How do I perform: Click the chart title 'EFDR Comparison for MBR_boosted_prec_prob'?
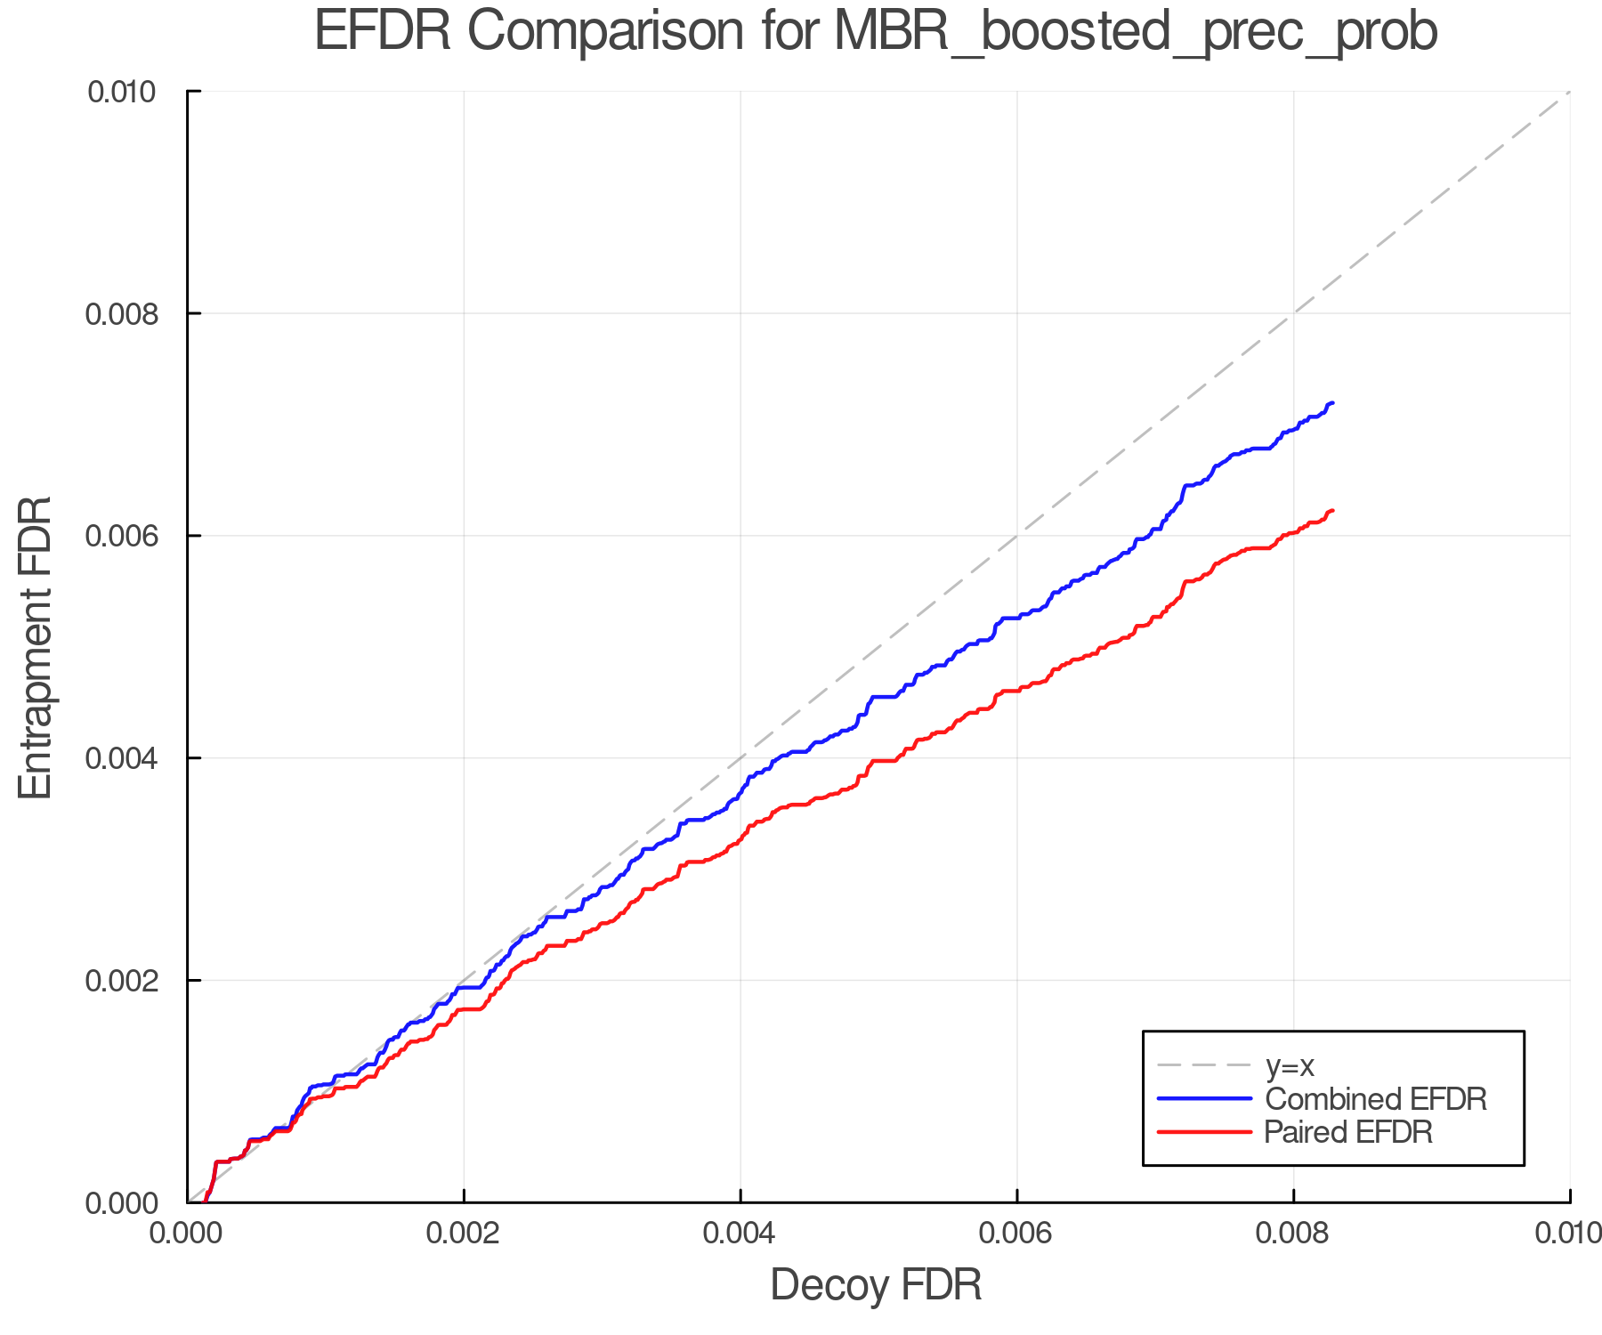coord(876,32)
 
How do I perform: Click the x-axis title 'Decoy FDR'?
coord(876,1285)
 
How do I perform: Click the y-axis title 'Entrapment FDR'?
coord(36,647)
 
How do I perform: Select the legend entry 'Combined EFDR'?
coord(1376,1099)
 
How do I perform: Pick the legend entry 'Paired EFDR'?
coord(1348,1132)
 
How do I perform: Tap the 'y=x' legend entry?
coord(1290,1065)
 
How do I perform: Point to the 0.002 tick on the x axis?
coord(464,1234)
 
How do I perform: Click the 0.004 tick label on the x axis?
coord(740,1234)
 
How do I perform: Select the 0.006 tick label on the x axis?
coord(1016,1234)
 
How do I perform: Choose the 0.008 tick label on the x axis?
coord(1293,1234)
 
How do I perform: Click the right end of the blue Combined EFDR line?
coord(1332,403)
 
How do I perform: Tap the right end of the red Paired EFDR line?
coord(1332,510)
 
